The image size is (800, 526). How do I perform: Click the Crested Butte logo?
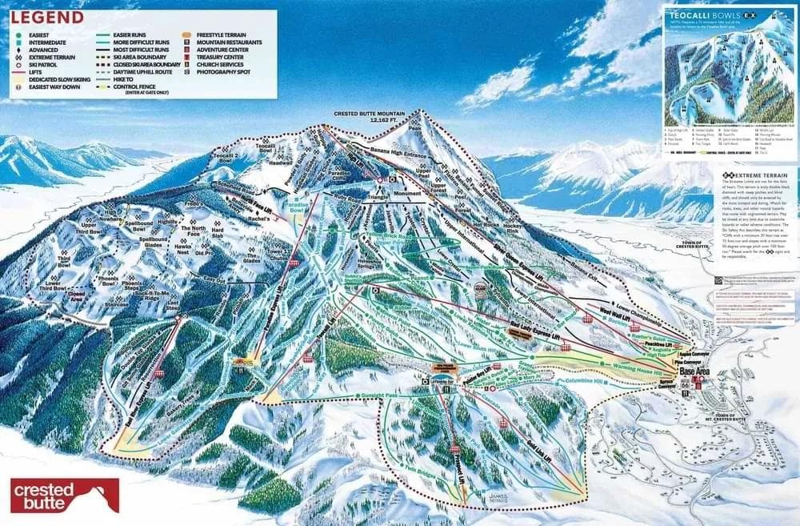(65, 496)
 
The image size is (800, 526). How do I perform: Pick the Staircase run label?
(117, 304)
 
